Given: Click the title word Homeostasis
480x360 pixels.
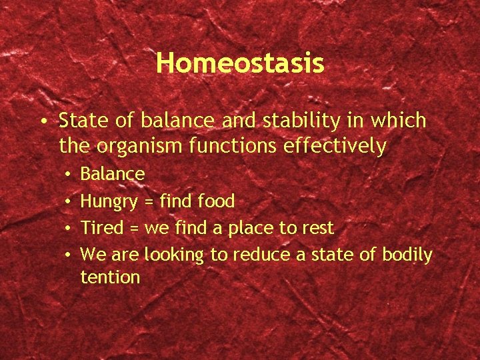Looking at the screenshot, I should [x=240, y=63].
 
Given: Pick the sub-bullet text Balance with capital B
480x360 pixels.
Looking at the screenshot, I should [x=112, y=175].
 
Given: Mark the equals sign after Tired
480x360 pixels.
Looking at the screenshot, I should [x=134, y=229].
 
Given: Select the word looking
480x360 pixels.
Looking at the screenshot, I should [x=175, y=255].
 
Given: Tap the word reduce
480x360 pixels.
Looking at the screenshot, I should [x=261, y=255].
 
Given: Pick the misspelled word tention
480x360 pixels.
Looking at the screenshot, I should [x=110, y=277].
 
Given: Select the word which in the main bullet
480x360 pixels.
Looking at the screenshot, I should [x=399, y=121].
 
